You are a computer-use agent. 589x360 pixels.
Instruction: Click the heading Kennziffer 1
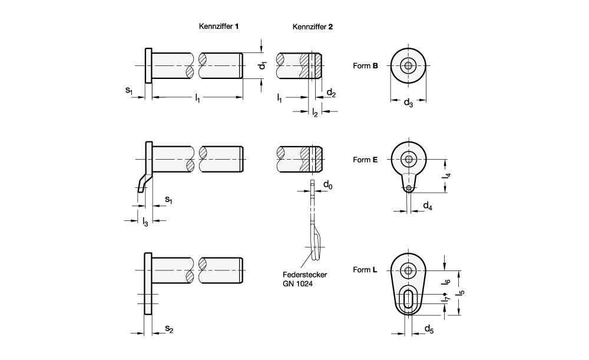tap(219, 27)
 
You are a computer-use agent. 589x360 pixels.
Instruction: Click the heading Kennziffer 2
tap(313, 27)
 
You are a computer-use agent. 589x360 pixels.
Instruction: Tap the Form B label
tap(365, 66)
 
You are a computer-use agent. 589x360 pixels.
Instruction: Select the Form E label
tap(365, 160)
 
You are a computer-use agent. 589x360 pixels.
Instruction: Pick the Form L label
tap(365, 270)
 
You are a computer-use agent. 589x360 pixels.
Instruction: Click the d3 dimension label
tap(408, 102)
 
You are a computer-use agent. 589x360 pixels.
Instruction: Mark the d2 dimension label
tap(331, 93)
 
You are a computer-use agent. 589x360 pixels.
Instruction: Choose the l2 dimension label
tap(315, 113)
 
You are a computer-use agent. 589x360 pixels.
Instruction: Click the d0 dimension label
tap(328, 185)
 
